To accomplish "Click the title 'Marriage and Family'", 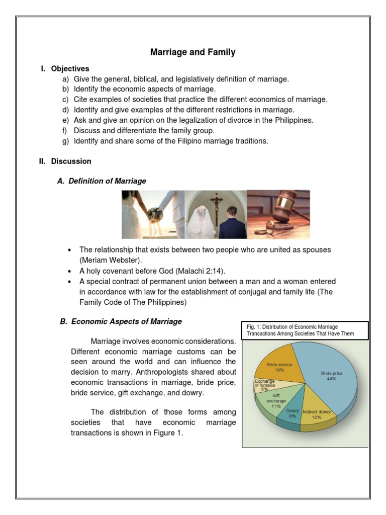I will coord(193,52).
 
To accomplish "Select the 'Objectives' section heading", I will coord(70,68).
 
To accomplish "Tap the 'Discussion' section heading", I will coord(71,161).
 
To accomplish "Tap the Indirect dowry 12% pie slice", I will coord(317,415).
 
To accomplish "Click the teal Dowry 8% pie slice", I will coord(293,415).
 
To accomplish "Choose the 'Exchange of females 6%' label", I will coord(264,385).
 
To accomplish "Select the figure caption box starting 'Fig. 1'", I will coord(305,330).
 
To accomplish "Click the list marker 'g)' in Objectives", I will coord(65,141).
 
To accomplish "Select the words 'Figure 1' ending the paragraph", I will coord(168,432).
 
